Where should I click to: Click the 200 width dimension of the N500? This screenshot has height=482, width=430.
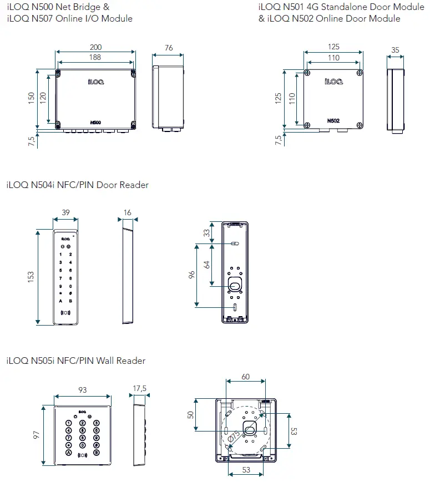coord(95,48)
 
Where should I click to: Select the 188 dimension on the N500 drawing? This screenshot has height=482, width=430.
coord(95,58)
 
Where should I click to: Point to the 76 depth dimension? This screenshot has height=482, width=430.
coord(169,48)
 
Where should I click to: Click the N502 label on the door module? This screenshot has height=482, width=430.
coord(333,120)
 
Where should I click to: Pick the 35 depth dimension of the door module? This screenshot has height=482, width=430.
coord(395,50)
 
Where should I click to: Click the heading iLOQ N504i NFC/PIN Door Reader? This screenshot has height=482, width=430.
coord(77,185)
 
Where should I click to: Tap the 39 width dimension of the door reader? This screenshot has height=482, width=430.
coord(65,213)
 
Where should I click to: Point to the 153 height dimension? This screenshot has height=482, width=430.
coord(31,275)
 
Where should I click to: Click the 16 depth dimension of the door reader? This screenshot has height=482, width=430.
coord(128,213)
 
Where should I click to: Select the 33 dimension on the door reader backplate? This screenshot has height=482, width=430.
coord(207,233)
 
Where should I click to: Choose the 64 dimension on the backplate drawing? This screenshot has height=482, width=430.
coord(207,264)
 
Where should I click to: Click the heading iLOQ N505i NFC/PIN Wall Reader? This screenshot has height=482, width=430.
coord(75,361)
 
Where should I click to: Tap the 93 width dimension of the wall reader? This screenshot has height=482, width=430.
coord(82,390)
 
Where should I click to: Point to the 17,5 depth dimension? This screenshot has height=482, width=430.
coord(139,389)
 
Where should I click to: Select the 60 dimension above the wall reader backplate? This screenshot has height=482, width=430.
coord(245,377)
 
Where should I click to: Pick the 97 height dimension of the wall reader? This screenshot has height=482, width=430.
coord(37,434)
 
